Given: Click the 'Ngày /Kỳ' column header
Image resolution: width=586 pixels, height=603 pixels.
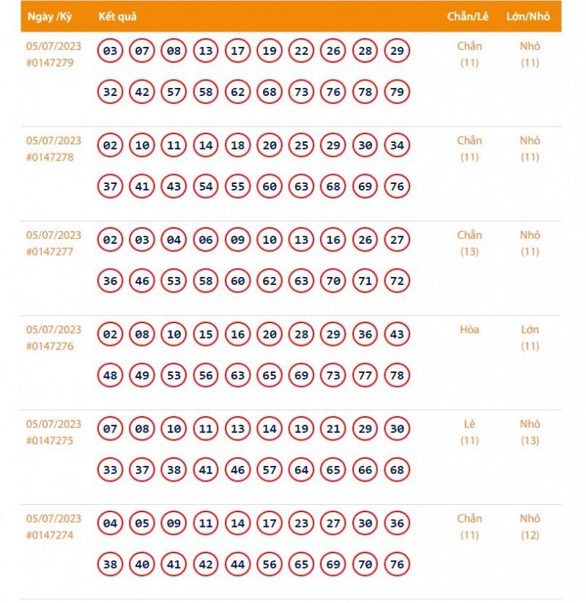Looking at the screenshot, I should (x=49, y=17).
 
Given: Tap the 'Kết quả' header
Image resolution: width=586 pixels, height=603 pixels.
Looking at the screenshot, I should (x=117, y=17).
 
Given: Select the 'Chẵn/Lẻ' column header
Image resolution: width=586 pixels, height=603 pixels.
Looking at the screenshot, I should (x=467, y=17).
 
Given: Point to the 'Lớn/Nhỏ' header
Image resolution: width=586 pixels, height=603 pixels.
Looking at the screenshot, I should (x=528, y=17).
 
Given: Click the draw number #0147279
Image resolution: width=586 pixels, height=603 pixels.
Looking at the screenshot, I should (x=50, y=62).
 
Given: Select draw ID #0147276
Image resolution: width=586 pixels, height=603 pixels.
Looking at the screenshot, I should (x=50, y=346).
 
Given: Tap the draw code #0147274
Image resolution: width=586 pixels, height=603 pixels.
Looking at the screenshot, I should (x=50, y=535).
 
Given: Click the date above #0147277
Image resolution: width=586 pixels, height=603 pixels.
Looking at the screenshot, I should (x=53, y=235).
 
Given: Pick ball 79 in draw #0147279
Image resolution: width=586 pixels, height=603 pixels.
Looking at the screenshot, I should (x=397, y=92).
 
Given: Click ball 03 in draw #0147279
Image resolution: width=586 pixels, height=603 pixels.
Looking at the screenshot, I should (x=110, y=51).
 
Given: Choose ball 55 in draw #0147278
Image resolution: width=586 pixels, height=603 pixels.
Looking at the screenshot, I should (x=237, y=187).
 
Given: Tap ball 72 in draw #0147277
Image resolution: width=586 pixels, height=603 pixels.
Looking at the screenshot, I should (x=397, y=281).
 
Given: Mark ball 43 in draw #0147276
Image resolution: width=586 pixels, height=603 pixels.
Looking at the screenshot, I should (x=397, y=334).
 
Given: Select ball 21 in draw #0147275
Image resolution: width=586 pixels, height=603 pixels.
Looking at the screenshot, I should (x=333, y=429).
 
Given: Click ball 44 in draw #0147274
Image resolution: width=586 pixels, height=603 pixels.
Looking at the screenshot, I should (x=237, y=565).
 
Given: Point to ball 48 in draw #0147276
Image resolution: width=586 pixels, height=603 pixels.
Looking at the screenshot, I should (x=110, y=376).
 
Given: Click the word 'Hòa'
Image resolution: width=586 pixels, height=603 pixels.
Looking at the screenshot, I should (x=470, y=330).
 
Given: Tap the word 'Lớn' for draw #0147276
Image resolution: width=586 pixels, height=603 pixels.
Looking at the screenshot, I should (x=530, y=330).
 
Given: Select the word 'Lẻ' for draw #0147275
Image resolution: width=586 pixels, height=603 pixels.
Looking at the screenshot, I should (x=470, y=424).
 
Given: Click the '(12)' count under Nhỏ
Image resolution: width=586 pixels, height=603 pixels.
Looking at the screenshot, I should (x=530, y=535).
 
